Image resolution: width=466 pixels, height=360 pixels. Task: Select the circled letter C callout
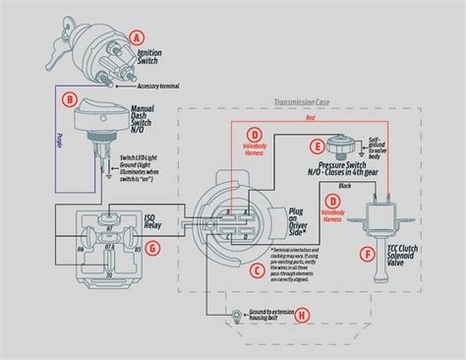pos(257,269)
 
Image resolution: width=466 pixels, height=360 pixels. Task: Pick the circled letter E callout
pos(317,147)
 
